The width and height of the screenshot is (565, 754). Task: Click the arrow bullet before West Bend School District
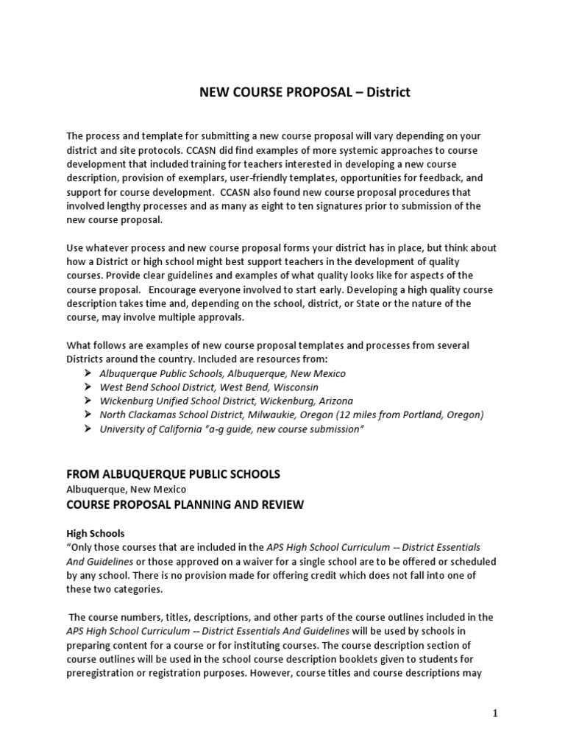[87, 387]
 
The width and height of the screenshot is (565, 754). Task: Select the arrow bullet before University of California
[87, 429]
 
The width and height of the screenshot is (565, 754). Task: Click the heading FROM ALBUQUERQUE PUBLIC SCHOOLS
[173, 474]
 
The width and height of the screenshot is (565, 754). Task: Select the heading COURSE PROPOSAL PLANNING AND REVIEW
[185, 504]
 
